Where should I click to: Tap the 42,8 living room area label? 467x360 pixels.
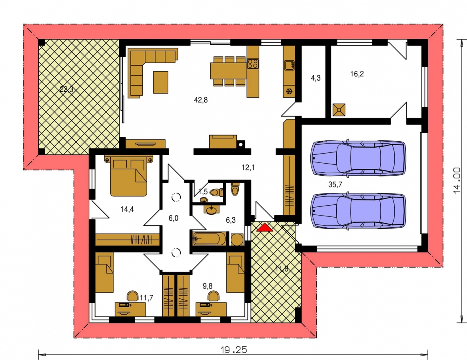[201, 100]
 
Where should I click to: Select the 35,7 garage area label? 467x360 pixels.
[335, 184]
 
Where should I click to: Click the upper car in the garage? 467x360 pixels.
[358, 157]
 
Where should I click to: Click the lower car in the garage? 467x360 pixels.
[358, 211]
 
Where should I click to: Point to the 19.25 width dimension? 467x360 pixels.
[233, 350]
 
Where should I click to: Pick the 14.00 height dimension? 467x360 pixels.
[457, 180]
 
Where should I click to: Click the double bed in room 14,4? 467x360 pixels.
[129, 176]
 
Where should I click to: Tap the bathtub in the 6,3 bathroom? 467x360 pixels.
[210, 239]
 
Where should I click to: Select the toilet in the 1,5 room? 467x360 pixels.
[216, 192]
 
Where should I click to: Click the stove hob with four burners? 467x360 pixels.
[253, 64]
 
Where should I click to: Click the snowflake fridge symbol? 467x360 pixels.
[289, 91]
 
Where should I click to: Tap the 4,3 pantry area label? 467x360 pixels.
[316, 78]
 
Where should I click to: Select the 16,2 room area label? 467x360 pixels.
[357, 74]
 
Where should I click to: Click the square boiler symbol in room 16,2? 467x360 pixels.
[339, 110]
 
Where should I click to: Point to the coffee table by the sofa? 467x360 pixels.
[161, 82]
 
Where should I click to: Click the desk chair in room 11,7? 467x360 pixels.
[132, 296]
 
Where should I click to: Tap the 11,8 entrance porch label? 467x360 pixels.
[282, 269]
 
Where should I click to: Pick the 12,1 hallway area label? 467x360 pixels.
[248, 168]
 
